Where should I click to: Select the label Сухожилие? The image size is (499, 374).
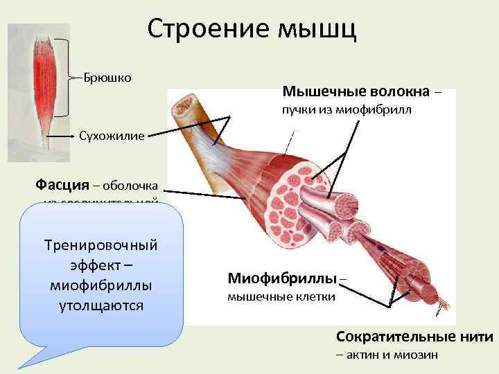(112, 136)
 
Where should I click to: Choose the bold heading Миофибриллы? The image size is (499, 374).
(281, 278)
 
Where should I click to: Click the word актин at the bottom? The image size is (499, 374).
(361, 355)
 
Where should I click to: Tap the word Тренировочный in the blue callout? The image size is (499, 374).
(101, 246)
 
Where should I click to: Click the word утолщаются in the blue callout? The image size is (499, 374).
(101, 305)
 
